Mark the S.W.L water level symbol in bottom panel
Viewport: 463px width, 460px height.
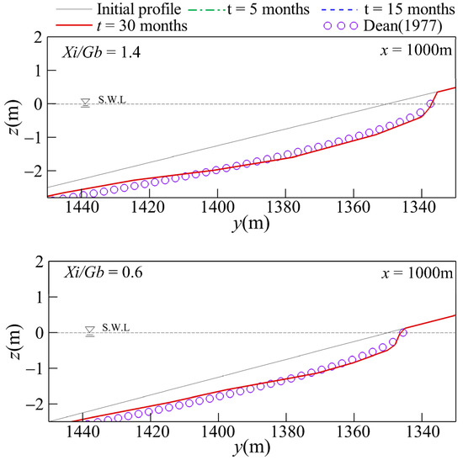coord(90,331)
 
